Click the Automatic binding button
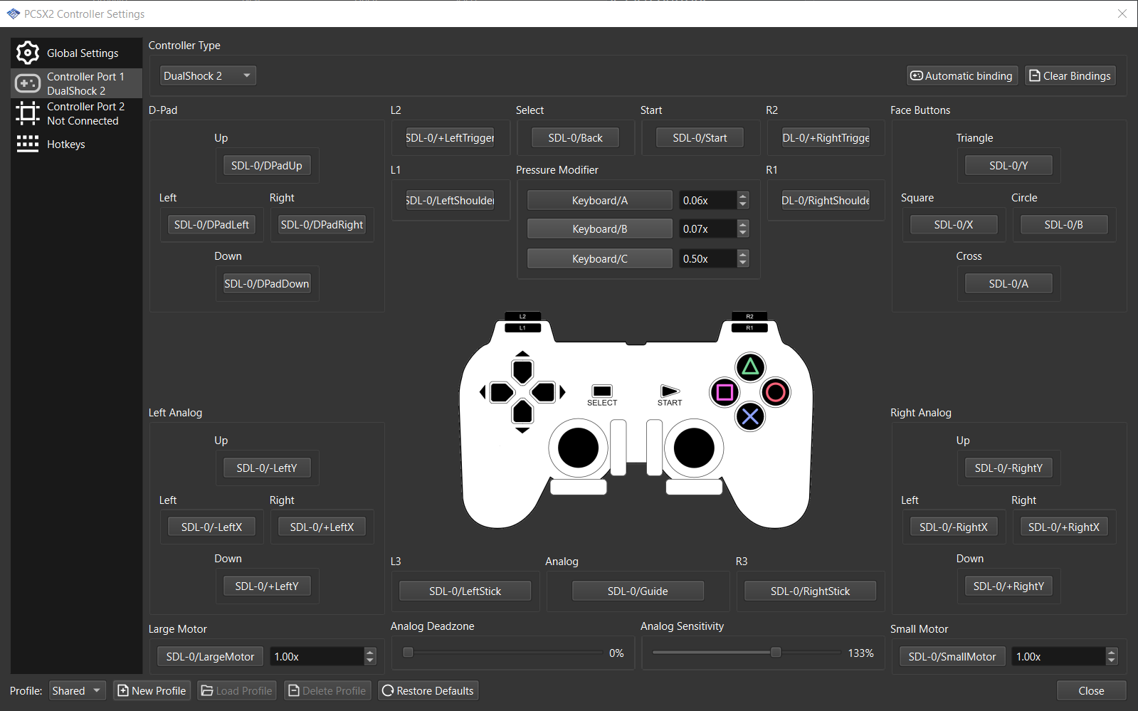961,76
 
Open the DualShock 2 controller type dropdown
207,76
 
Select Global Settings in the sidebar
77,53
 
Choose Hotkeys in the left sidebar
65,144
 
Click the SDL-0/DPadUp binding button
267,166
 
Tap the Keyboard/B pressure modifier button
599,229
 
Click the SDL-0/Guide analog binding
638,591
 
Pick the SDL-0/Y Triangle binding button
1008,166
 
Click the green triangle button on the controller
750,367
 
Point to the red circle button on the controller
776,392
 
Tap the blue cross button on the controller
750,416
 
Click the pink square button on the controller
725,392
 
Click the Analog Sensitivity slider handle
776,653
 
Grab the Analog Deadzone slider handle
408,653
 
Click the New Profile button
152,691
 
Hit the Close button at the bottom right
1091,691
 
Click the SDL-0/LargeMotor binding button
210,657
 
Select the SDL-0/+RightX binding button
1063,527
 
